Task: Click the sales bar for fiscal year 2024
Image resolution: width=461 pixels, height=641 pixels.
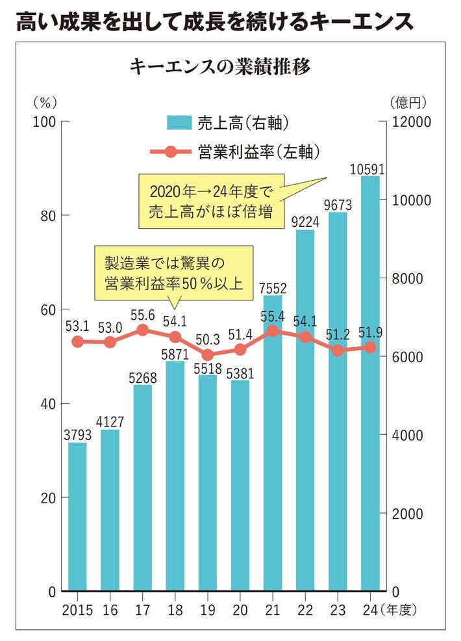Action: [x=370, y=384]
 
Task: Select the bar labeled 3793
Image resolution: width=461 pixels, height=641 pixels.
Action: [x=77, y=517]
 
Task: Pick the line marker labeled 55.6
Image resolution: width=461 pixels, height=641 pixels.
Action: [x=143, y=330]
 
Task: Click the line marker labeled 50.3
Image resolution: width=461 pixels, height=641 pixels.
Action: [x=208, y=355]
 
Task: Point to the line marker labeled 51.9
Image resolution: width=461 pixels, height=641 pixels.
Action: [x=370, y=347]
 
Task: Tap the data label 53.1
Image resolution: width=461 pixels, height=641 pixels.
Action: [x=77, y=326]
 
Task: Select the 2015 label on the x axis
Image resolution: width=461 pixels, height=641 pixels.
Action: [x=77, y=610]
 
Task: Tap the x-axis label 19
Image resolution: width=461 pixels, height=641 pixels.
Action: [x=208, y=610]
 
